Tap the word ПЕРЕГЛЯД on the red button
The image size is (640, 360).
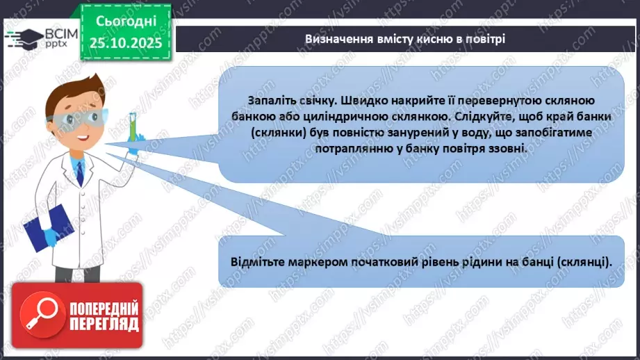click(x=103, y=325)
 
